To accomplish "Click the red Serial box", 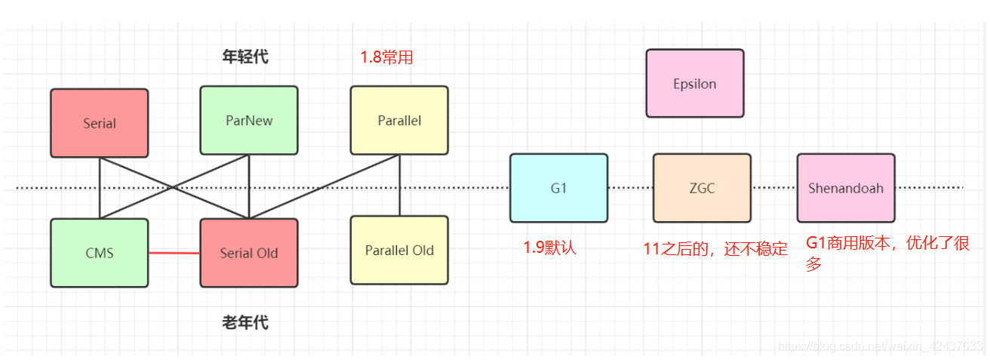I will [99, 122].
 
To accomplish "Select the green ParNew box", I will [248, 120].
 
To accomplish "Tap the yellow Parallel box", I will [398, 120].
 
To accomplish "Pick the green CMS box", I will [99, 253].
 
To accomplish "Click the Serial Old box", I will [248, 253].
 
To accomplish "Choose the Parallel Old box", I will [398, 250].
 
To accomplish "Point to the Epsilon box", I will [694, 83].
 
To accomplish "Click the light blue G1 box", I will [558, 188].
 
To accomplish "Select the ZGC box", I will [701, 188].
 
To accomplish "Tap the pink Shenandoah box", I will [845, 188].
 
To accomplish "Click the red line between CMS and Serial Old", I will [174, 254].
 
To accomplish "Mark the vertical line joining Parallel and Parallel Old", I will [399, 185].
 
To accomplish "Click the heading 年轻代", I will [245, 57].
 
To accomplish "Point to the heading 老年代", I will [245, 323].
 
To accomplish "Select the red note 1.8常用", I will [387, 57].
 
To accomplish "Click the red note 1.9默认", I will [549, 247].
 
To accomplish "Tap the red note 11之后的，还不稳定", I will [715, 248].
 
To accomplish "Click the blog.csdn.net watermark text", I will [879, 346].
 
